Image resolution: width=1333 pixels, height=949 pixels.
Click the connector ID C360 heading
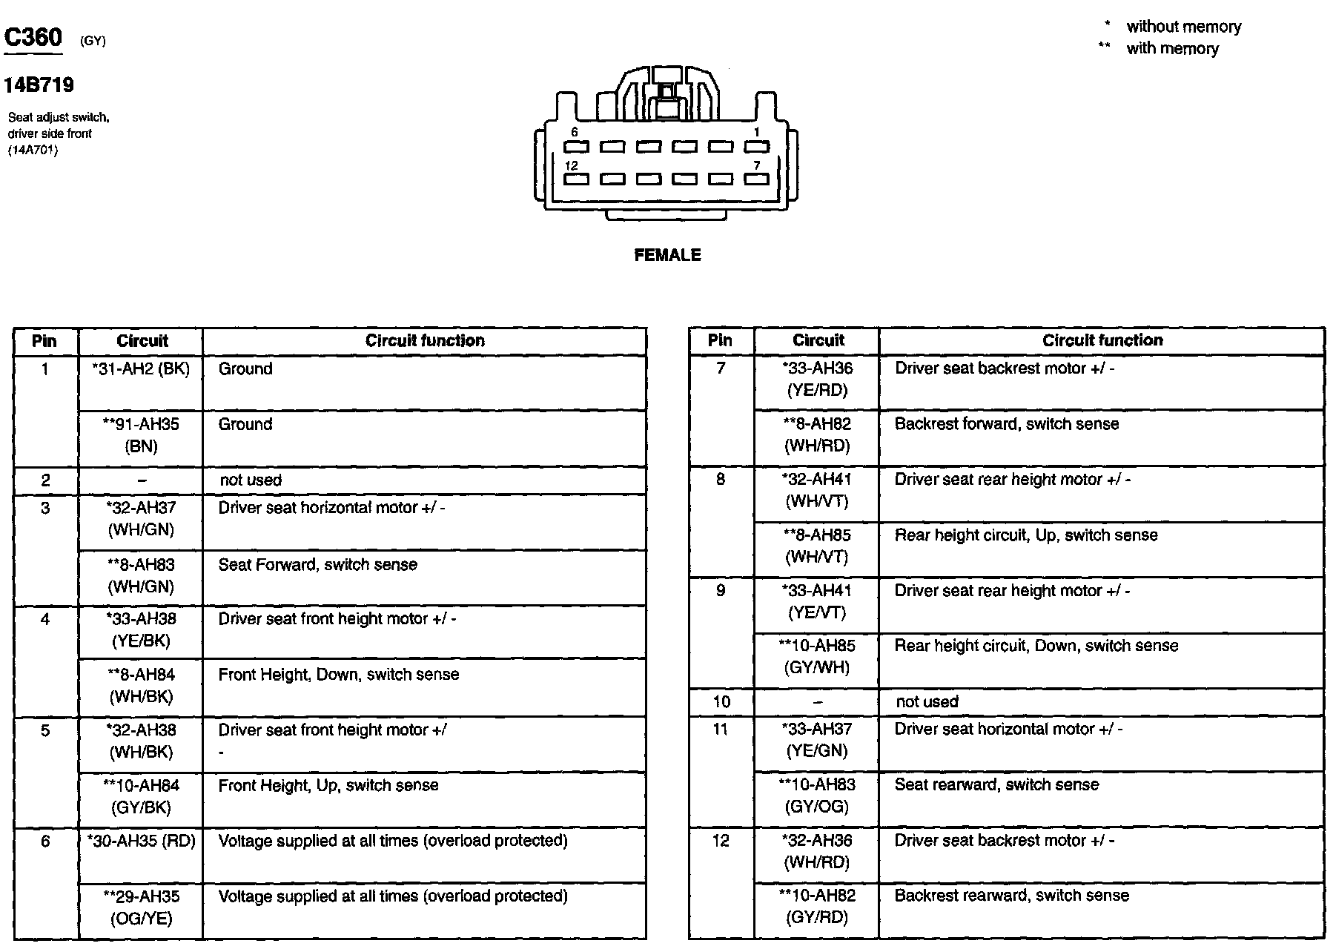pyautogui.click(x=33, y=38)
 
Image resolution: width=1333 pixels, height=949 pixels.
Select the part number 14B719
pyautogui.click(x=39, y=85)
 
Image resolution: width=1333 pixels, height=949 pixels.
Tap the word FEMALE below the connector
pyautogui.click(x=667, y=255)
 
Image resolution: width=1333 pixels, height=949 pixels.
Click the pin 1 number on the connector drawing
pyautogui.click(x=756, y=132)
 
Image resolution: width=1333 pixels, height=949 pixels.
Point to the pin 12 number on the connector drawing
pyautogui.click(x=571, y=166)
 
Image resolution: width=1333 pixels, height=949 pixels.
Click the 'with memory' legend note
pyautogui.click(x=1172, y=49)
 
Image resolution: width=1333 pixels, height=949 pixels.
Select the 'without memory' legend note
pyautogui.click(x=1183, y=27)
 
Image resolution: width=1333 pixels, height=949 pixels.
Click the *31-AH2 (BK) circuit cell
pyautogui.click(x=140, y=369)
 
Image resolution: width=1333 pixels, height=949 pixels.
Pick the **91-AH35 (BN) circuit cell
pyautogui.click(x=140, y=435)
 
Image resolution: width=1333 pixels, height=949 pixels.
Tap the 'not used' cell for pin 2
pyautogui.click(x=251, y=480)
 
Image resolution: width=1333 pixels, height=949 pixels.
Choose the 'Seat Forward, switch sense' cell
pyautogui.click(x=317, y=565)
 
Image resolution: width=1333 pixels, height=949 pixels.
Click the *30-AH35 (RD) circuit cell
pyautogui.click(x=140, y=841)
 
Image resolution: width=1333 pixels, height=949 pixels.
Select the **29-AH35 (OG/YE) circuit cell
pyautogui.click(x=140, y=907)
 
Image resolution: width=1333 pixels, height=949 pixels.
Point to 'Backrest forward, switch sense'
pyautogui.click(x=1006, y=424)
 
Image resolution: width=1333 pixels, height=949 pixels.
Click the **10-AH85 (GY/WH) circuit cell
pyautogui.click(x=817, y=656)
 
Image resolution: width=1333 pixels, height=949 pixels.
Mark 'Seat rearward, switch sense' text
pyautogui.click(x=996, y=784)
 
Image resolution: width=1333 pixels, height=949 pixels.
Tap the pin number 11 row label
pyautogui.click(x=721, y=730)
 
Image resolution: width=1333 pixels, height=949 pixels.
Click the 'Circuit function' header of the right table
pyautogui.click(x=1102, y=340)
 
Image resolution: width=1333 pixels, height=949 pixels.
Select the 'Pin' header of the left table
pyautogui.click(x=44, y=341)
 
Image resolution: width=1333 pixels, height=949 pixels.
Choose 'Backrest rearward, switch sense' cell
pyautogui.click(x=1011, y=896)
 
